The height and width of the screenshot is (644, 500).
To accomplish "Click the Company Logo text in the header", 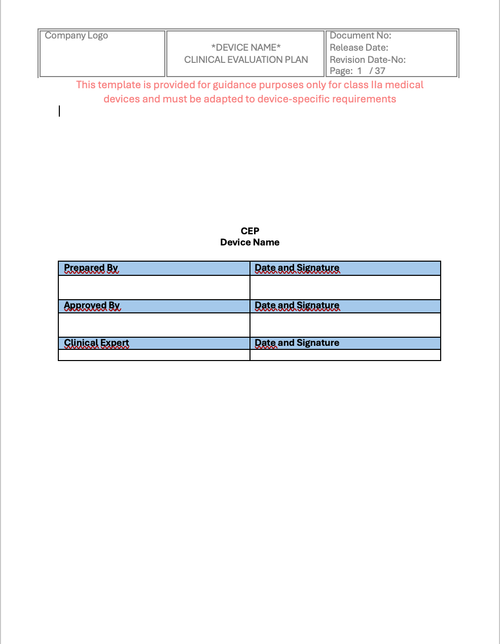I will [x=76, y=35].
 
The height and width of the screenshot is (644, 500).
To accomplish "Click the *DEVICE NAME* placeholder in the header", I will [x=246, y=48].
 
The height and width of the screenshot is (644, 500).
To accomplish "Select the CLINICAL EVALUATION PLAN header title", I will [x=246, y=60].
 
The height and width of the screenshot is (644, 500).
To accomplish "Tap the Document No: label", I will [x=360, y=35].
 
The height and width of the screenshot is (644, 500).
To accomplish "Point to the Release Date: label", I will [x=359, y=48].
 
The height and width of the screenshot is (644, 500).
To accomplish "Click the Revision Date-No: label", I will [x=367, y=60].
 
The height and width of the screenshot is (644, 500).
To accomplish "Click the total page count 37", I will [x=380, y=71].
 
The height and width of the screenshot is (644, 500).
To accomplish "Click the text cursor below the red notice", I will [x=59, y=111].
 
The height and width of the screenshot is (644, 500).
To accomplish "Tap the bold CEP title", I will [x=250, y=231].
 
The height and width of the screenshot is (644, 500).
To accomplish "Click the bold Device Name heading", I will [x=250, y=242].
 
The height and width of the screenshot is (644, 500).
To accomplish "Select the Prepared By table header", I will [x=91, y=268].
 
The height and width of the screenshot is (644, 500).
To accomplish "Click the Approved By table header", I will [x=92, y=305].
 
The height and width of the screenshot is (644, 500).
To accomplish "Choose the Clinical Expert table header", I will [x=96, y=343].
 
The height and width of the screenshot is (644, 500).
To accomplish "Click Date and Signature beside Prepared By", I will [x=297, y=268].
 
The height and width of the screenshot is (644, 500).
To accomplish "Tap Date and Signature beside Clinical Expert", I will [x=297, y=343].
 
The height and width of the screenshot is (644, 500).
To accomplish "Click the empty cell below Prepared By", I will [x=154, y=288].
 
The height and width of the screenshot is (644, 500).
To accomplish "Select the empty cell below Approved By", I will [x=154, y=325].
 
